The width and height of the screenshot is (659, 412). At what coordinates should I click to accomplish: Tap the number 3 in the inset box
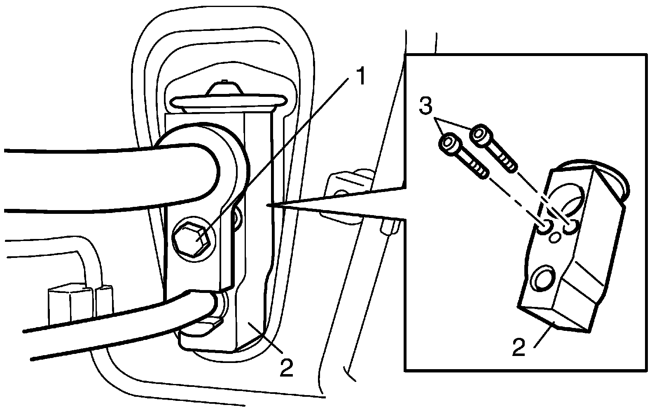(x=425, y=106)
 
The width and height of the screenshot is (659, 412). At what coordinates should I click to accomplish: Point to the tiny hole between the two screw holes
(x=556, y=236)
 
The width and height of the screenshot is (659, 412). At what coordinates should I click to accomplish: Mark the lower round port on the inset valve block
(x=544, y=280)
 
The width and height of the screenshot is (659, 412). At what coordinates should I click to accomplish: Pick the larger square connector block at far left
(x=66, y=303)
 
